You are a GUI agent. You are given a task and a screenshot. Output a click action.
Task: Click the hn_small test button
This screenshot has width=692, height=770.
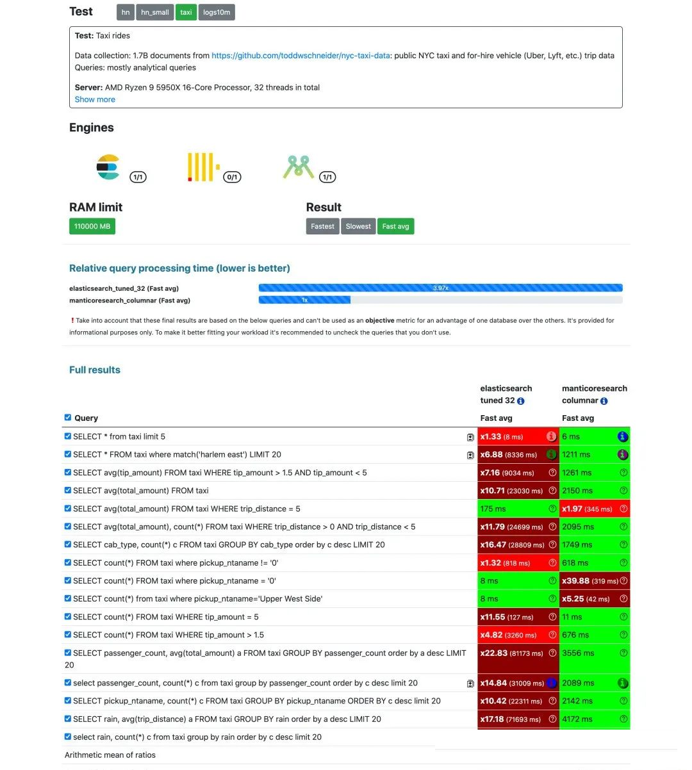click(154, 12)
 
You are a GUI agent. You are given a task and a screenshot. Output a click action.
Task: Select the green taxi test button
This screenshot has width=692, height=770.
click(186, 12)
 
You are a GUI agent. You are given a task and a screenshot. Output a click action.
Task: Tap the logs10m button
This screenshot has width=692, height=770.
click(217, 12)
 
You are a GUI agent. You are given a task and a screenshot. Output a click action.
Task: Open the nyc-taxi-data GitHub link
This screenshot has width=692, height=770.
click(301, 56)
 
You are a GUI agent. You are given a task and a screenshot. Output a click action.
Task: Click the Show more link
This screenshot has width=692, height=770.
click(95, 99)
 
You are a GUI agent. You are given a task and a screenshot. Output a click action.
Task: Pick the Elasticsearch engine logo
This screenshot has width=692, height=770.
click(108, 167)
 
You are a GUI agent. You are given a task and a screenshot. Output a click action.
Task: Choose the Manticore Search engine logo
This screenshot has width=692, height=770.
click(298, 167)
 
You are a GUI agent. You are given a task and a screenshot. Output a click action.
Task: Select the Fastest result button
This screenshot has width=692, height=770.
click(322, 226)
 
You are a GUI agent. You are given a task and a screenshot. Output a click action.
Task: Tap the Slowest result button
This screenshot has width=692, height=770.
click(358, 226)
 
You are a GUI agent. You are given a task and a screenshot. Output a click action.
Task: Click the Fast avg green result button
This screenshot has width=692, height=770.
click(395, 226)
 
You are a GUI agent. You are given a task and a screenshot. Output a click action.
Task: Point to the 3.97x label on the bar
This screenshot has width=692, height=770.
click(440, 288)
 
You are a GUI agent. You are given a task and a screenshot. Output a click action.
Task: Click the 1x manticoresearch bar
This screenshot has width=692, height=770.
click(304, 300)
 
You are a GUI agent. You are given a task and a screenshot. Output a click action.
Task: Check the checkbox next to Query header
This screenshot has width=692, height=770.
click(68, 418)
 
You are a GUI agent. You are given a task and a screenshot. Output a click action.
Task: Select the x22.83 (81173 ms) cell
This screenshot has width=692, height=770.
click(511, 653)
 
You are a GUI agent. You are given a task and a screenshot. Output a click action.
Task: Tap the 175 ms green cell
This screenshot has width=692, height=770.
click(493, 509)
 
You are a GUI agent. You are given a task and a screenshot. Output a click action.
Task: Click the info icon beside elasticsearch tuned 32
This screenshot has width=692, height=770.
click(521, 401)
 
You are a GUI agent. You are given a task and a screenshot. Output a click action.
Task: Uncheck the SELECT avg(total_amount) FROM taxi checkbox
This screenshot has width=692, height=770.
click(68, 490)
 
